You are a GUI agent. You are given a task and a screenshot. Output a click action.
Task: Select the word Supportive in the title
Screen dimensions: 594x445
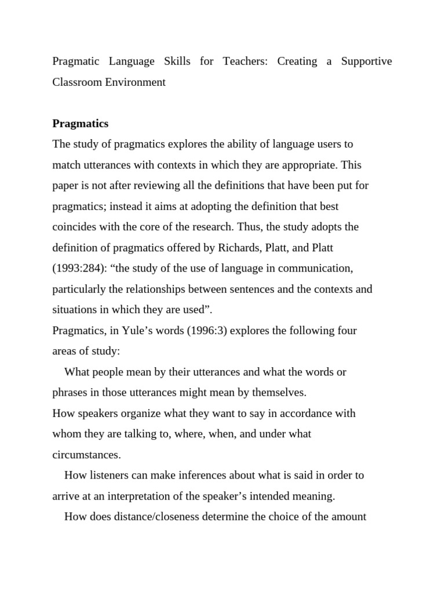point(366,61)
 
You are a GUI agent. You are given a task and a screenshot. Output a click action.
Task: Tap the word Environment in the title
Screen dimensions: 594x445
point(136,82)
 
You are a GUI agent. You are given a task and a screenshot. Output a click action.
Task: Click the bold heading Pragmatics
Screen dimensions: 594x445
point(81,124)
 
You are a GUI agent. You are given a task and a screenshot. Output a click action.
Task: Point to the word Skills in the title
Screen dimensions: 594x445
point(178,61)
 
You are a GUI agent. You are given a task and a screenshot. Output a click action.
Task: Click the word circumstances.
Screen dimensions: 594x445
point(86,455)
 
